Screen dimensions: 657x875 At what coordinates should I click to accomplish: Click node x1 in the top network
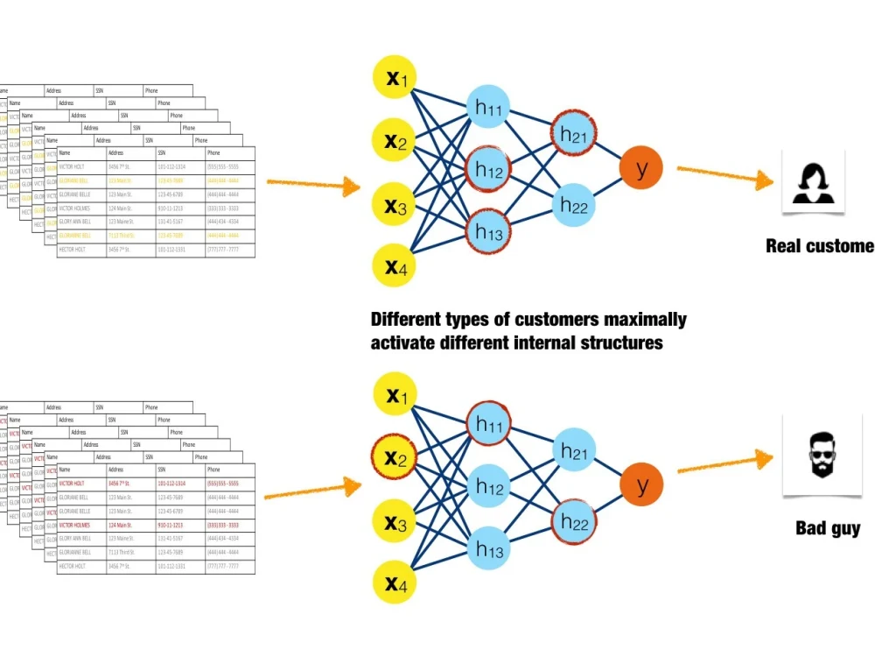tap(395, 78)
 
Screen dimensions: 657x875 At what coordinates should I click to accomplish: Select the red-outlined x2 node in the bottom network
tap(395, 457)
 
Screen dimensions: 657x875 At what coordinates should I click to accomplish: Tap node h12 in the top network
tap(488, 171)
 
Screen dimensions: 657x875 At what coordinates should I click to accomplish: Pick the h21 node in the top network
tap(573, 135)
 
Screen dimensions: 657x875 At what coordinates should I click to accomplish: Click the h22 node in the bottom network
tap(574, 522)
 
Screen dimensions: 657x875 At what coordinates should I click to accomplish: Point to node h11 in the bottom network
tap(488, 424)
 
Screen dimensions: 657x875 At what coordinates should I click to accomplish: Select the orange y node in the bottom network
tap(641, 484)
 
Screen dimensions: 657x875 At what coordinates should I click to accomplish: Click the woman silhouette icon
tap(813, 181)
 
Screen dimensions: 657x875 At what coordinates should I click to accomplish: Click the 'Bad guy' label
tap(827, 528)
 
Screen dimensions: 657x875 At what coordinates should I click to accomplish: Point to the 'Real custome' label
tap(819, 245)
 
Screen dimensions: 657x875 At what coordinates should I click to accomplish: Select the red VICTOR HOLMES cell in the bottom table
tap(77, 525)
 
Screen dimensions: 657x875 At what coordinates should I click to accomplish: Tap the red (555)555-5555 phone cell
tap(223, 483)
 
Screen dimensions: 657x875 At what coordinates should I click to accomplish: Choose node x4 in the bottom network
tap(395, 583)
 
